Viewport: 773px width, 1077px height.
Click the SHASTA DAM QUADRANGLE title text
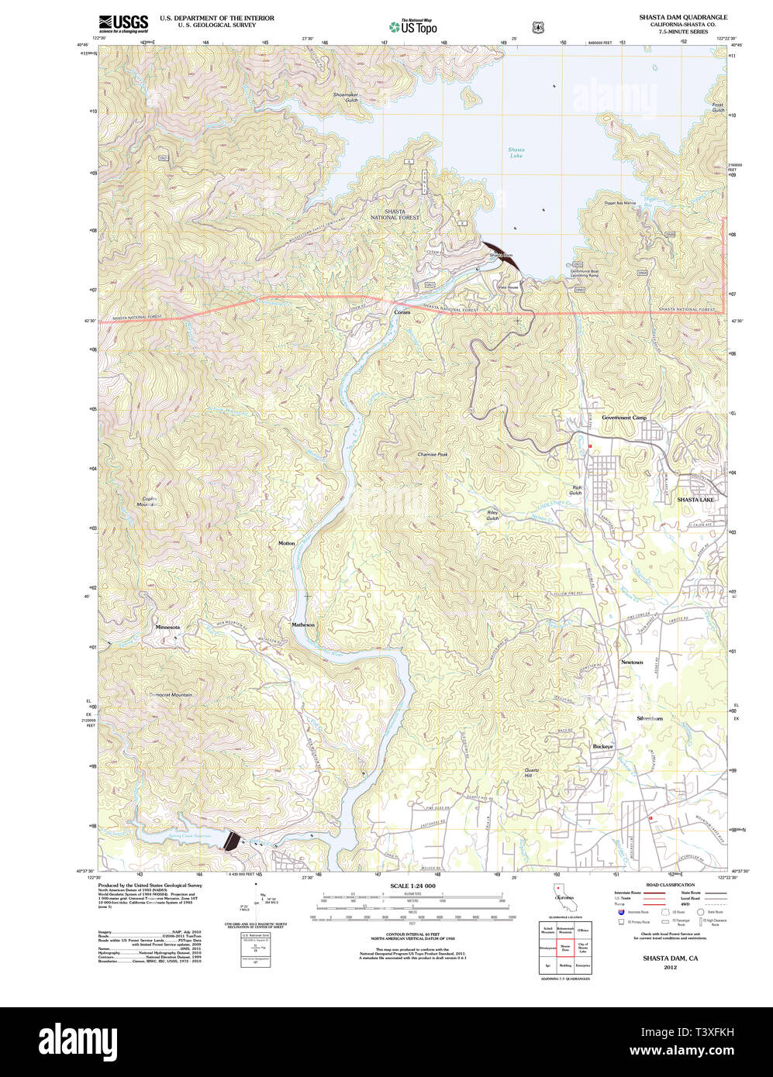click(x=682, y=16)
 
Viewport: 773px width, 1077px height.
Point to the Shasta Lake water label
click(x=516, y=152)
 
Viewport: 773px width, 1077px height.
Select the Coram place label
click(x=402, y=312)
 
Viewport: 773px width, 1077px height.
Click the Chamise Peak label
click(x=433, y=455)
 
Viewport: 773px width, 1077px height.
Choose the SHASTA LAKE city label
click(x=696, y=500)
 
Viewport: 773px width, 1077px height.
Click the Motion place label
click(x=287, y=543)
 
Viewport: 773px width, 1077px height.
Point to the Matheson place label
click(x=303, y=625)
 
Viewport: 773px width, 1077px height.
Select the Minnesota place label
click(x=167, y=627)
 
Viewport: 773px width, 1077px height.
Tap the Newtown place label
click(x=632, y=662)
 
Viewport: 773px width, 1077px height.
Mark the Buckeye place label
click(x=602, y=746)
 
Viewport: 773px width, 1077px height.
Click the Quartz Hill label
click(x=532, y=772)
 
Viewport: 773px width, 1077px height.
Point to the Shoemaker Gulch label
click(x=346, y=98)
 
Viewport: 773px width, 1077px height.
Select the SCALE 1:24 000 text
click(x=412, y=886)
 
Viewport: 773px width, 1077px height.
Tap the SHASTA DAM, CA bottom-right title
click(x=669, y=959)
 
